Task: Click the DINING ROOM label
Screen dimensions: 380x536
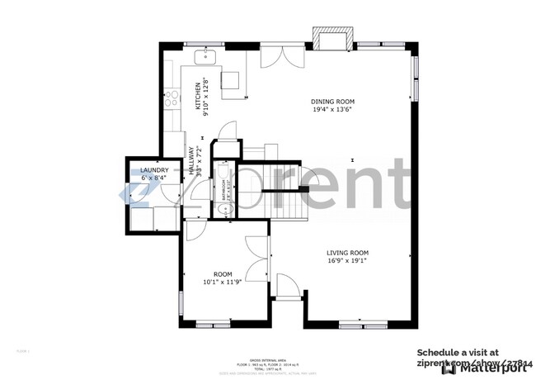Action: click(x=333, y=101)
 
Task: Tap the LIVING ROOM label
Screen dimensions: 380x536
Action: click(x=346, y=253)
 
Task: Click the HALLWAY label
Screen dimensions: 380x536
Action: click(x=190, y=160)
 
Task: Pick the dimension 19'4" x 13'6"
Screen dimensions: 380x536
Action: click(x=333, y=110)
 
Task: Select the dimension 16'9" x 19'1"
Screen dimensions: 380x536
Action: click(x=346, y=261)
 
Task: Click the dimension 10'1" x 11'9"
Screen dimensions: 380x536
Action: click(x=223, y=282)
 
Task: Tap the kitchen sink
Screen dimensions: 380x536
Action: click(x=205, y=56)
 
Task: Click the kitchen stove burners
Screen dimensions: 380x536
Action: click(x=172, y=99)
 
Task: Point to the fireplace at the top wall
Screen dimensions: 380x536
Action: click(x=333, y=38)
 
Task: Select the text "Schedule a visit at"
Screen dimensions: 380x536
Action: click(x=457, y=351)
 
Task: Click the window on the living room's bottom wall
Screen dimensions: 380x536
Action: click(x=356, y=322)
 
